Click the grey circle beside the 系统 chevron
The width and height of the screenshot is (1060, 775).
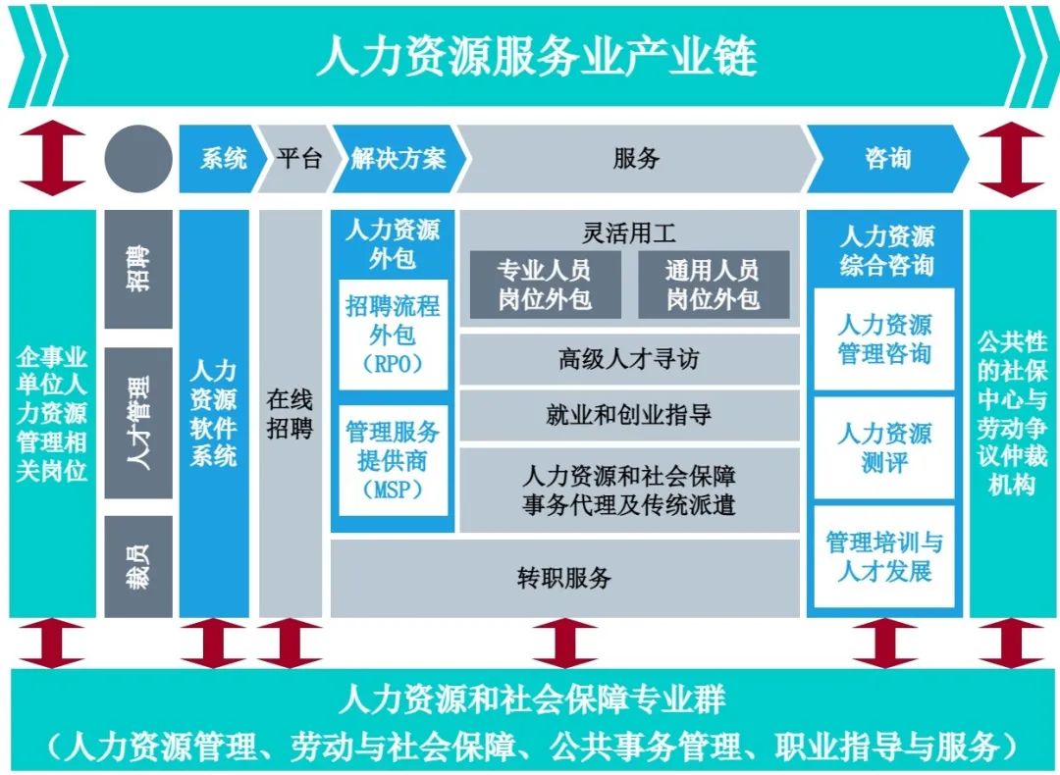click(138, 159)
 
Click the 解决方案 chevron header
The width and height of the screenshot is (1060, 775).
click(398, 159)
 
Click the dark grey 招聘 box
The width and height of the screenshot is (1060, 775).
click(138, 269)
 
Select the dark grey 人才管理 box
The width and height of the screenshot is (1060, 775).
click(138, 423)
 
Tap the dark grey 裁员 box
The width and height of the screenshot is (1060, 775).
click(138, 566)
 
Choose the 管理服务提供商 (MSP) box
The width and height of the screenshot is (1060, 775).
click(393, 461)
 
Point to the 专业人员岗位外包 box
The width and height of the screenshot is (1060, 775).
click(545, 284)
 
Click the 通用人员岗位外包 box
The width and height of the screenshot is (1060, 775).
click(714, 284)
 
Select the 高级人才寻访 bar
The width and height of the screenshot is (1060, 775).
click(629, 359)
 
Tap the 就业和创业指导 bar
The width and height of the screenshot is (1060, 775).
click(629, 414)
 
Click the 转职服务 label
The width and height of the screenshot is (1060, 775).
click(564, 578)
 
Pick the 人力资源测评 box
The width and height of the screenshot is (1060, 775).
click(884, 448)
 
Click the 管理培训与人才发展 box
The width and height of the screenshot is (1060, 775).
click(884, 557)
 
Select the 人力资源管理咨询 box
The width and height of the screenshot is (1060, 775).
click(884, 339)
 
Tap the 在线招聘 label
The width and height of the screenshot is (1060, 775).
click(290, 414)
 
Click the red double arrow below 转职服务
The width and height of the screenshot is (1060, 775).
click(564, 644)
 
